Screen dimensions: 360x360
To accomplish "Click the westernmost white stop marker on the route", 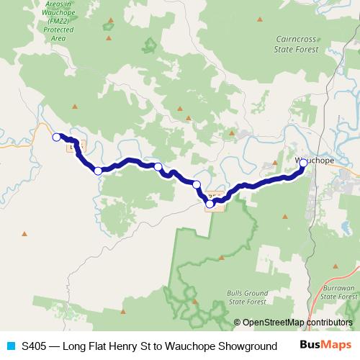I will (x=56, y=137).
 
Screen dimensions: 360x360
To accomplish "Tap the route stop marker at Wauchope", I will (x=303, y=163).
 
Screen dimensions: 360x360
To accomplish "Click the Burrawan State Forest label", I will (x=338, y=292).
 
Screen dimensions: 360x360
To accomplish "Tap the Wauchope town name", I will (x=313, y=161).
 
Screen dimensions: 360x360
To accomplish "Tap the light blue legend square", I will (x=11, y=346).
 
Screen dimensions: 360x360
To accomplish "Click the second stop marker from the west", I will (x=98, y=171).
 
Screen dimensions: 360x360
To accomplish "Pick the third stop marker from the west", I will (x=158, y=167).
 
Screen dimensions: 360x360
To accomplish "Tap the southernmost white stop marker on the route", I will (x=210, y=204).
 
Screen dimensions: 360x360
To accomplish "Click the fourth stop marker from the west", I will (x=197, y=185).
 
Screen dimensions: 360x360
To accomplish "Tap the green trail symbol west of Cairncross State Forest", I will (x=149, y=46).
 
